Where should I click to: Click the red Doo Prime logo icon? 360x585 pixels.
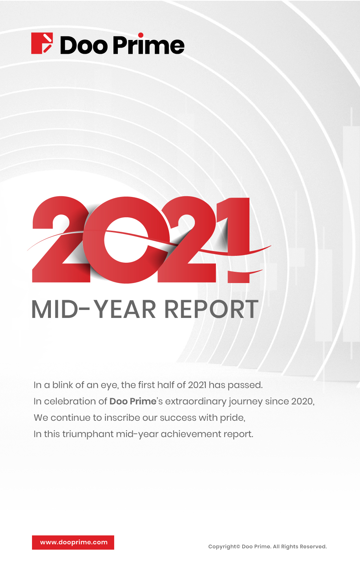coord(42,43)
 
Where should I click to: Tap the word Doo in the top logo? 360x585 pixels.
coord(84,45)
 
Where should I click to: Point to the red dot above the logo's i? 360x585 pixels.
coord(141,35)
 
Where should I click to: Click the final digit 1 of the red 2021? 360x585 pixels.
coord(235,240)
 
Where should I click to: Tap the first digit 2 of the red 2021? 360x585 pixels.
coord(62,239)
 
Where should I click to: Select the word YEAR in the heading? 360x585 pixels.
coord(125,309)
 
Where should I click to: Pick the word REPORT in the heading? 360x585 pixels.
coord(211,309)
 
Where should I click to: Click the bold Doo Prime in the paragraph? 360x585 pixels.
coord(133,401)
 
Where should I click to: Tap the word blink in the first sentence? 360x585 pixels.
coord(63,385)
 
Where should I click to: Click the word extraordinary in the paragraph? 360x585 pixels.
coord(196,402)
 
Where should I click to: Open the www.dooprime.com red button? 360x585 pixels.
coord(73,542)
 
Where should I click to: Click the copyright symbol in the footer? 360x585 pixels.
coord(238,546)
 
